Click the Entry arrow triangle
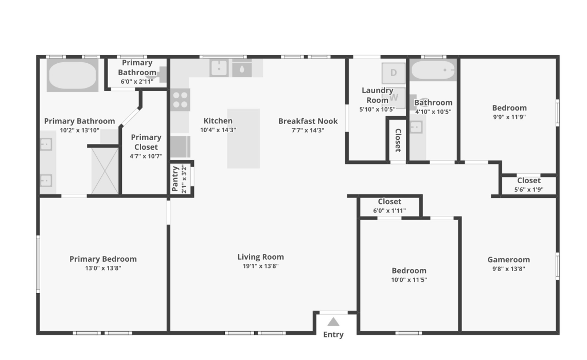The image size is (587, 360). (x=333, y=322)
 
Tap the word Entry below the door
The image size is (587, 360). (x=333, y=335)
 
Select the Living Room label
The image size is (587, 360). (x=260, y=257)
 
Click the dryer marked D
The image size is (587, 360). (x=394, y=73)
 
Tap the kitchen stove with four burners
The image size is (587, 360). (x=180, y=99)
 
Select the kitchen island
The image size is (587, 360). (x=243, y=138)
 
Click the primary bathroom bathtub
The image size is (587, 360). (x=72, y=75)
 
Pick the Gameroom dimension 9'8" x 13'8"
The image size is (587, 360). (x=508, y=268)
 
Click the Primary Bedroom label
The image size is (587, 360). (x=103, y=259)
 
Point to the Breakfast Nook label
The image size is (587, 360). (x=308, y=121)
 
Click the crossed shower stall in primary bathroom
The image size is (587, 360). (x=105, y=171)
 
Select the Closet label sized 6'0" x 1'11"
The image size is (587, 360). (x=389, y=202)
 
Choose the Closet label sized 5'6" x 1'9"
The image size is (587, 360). (x=528, y=181)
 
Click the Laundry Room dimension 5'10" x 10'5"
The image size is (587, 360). (x=377, y=109)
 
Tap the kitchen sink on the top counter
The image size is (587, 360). (x=219, y=68)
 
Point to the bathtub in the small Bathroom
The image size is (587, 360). (x=433, y=70)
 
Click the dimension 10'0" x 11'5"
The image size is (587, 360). (x=409, y=280)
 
